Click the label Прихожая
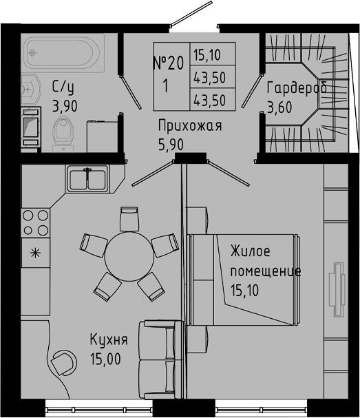coord(189,125)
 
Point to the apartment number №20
coord(169,64)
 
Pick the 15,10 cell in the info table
coord(214,54)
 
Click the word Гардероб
coord(297,88)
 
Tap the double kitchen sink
coord(87,178)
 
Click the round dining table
coord(128,256)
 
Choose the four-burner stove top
coord(35,222)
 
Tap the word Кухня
coord(109,339)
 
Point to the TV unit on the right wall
coord(337,289)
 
